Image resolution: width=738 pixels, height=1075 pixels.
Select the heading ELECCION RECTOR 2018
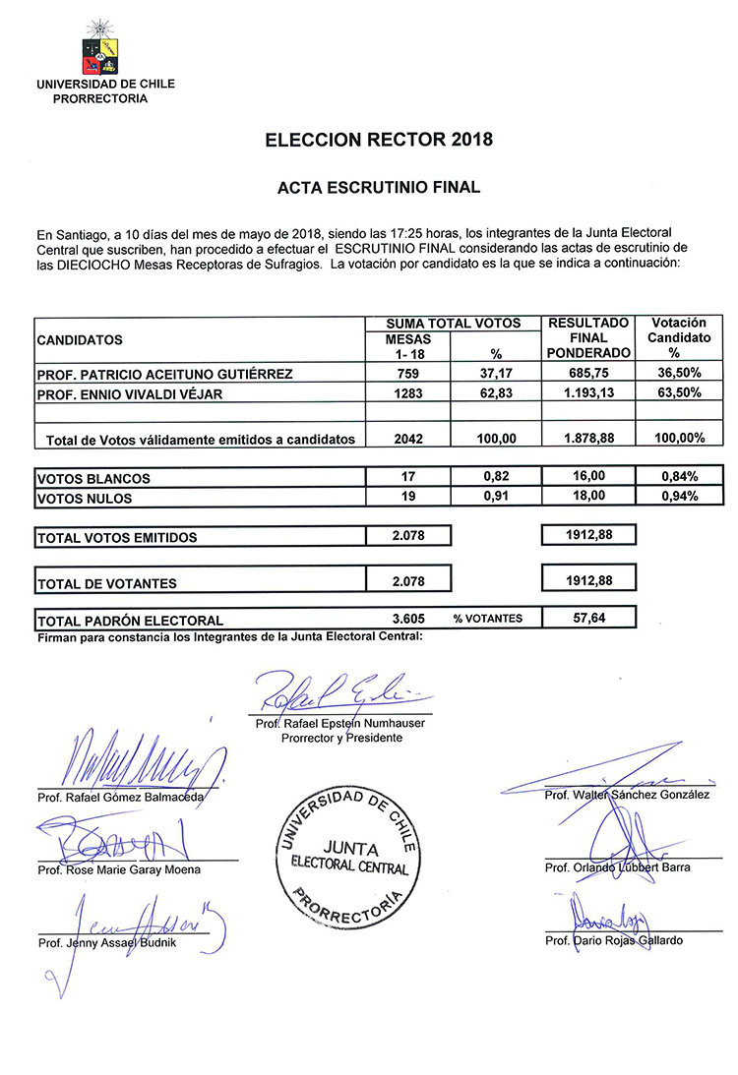379,140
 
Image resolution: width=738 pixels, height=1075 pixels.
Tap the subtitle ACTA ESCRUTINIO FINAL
379,186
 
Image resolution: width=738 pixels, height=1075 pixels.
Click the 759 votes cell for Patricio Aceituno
407,374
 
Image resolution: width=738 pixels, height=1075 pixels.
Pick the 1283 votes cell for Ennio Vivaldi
407,393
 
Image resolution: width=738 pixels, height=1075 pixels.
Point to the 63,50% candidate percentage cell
679,393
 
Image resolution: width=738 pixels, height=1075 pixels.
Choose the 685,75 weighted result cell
588,374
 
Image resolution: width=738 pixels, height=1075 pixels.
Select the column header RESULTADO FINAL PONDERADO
588,337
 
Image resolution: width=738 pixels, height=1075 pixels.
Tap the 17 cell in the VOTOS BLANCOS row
407,477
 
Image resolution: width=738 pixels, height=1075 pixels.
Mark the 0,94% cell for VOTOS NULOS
679,497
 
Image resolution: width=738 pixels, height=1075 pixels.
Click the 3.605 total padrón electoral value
407,620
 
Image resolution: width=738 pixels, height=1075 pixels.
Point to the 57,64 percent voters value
588,619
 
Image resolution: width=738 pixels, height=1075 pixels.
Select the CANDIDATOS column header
81,340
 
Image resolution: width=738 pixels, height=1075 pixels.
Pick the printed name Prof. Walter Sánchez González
627,795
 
